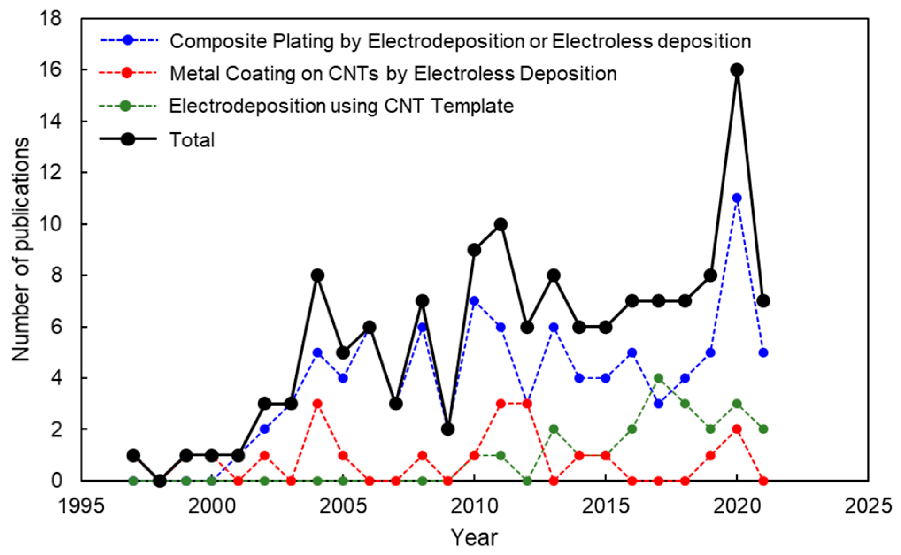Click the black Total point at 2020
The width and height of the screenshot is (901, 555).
coord(737,70)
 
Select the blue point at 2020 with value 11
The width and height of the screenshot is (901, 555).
coord(737,198)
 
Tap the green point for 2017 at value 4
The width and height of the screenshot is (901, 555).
coord(658,378)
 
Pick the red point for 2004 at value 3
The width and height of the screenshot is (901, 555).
coord(317,404)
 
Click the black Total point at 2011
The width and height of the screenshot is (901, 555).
coord(501,224)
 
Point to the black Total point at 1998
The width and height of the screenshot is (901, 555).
coord(160,481)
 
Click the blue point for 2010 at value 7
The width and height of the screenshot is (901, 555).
coord(474,301)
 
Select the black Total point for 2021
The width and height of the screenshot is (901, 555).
coord(763,301)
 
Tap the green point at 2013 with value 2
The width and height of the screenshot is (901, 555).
coord(554,429)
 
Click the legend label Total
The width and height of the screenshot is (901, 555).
coord(192,140)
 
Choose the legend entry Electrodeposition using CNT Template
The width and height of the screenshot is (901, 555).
coord(341,106)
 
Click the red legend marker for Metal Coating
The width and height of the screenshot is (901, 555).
coord(127,73)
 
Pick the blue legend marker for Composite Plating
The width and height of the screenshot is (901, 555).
coord(128,40)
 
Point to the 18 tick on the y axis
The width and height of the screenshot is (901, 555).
coord(50,19)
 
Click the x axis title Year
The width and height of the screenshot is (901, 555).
coord(474,538)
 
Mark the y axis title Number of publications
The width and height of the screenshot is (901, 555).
coord(20,249)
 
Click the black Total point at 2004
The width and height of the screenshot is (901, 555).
coord(317,276)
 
